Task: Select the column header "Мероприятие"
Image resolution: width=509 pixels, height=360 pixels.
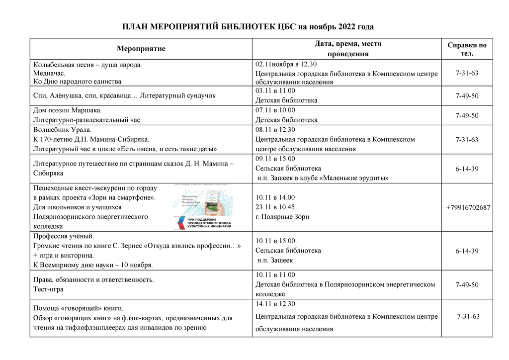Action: (x=141, y=49)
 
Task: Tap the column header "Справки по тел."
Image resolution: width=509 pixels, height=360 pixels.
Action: (x=467, y=49)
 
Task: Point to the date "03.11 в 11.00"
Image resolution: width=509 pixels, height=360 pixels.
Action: (x=275, y=91)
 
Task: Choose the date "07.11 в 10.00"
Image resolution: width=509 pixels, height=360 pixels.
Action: (x=275, y=110)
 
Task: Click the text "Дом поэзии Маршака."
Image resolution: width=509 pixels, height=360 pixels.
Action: (x=67, y=110)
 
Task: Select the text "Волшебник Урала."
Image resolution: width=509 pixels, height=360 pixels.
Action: (x=62, y=130)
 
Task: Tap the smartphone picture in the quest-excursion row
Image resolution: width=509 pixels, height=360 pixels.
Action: (x=213, y=200)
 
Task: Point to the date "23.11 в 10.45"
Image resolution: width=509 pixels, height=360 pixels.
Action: (x=275, y=207)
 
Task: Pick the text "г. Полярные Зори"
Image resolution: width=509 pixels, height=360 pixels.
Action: (x=282, y=217)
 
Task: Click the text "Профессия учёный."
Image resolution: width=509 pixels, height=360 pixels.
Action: (x=63, y=236)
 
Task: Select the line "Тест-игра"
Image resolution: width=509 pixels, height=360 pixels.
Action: (x=48, y=289)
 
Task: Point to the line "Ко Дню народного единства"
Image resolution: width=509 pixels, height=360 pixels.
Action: (x=77, y=82)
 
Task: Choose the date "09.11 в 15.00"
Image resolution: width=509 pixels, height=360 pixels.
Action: (x=275, y=159)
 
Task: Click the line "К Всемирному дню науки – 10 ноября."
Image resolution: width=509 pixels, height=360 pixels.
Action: (x=92, y=265)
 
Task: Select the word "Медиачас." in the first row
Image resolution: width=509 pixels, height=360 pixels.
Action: (x=49, y=73)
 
